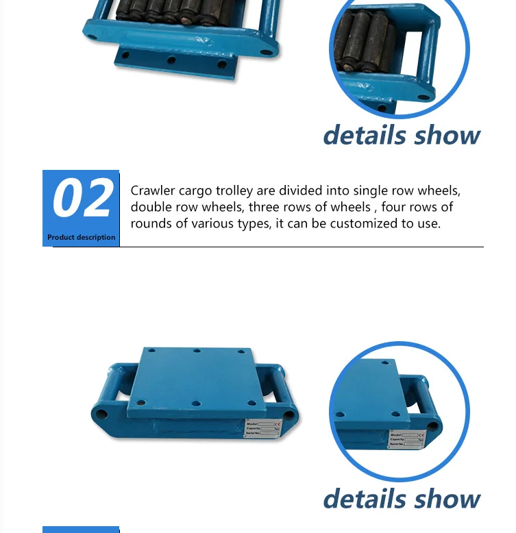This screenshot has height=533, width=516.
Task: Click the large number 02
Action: (82, 199)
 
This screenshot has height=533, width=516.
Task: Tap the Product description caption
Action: (81, 237)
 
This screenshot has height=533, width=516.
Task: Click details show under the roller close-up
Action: (402, 135)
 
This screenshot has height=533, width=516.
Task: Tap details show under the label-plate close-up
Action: (402, 498)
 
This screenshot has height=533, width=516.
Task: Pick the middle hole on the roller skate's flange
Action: (171, 60)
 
